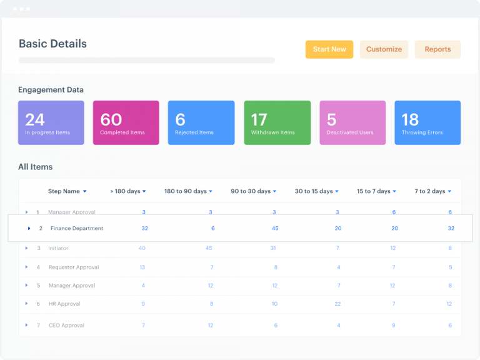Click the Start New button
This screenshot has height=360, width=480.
[x=329, y=49]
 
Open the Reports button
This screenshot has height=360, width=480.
[x=437, y=49]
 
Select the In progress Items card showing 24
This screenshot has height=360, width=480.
[x=51, y=123]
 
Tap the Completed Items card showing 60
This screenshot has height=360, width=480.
[x=126, y=123]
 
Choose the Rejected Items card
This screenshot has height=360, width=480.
[x=201, y=123]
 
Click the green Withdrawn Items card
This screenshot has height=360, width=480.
[x=277, y=123]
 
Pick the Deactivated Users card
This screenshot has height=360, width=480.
[x=352, y=123]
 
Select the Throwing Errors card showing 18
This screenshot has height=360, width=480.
[x=427, y=123]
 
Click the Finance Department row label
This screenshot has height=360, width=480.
[x=77, y=229]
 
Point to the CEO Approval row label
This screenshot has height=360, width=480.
[x=66, y=326]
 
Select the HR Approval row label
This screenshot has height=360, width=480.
[x=64, y=304]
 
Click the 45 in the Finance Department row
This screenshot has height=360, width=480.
[x=275, y=229]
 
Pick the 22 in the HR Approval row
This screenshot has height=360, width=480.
[x=337, y=304]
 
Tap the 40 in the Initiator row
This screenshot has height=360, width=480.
[x=142, y=249]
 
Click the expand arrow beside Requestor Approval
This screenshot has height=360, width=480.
[x=26, y=267]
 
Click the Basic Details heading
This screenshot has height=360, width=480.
[x=52, y=44]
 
